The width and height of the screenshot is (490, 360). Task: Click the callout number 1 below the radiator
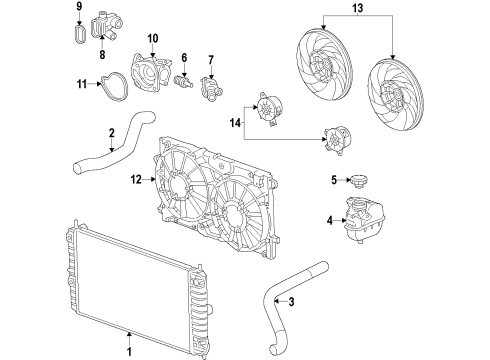click(128, 351)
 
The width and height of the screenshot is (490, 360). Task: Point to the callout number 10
click(153, 39)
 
